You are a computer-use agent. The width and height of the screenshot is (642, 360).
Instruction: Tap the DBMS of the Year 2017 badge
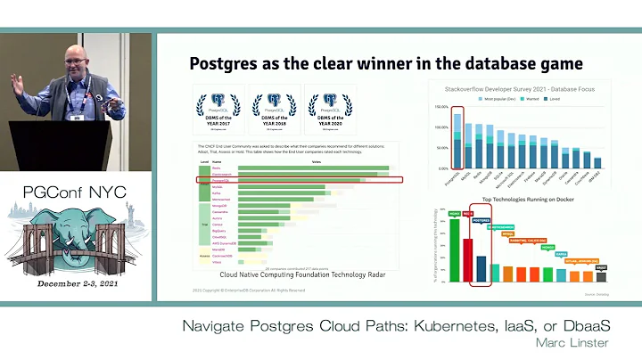(x=218, y=110)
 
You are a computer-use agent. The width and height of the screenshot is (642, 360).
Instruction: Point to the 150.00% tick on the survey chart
(x=440, y=106)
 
